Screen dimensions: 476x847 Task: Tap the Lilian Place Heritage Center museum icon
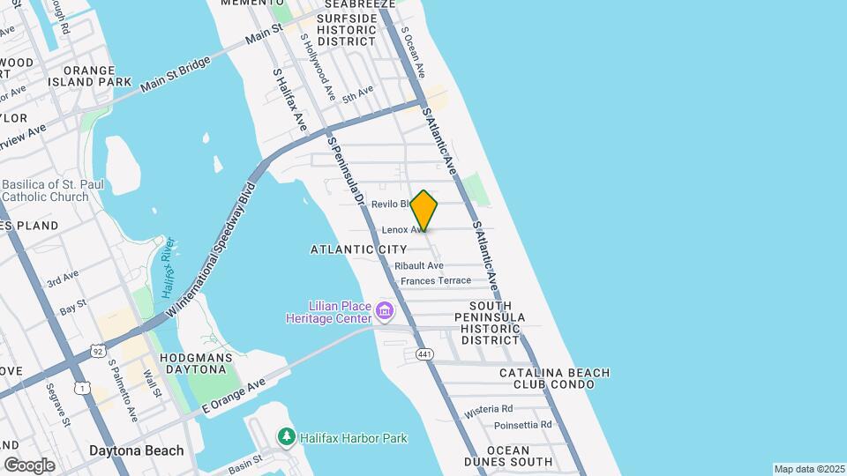[384, 310]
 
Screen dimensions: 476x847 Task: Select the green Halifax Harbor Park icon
[285, 436]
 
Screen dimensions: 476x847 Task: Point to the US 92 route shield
[98, 352]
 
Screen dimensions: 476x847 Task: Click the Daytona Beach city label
[137, 450]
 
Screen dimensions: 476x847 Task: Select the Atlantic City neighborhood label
[358, 249]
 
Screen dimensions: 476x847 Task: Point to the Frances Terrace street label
[436, 281]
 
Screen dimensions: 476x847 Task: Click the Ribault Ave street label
[418, 265]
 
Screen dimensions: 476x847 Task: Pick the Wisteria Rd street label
[489, 409]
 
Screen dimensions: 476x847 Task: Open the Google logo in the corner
[29, 465]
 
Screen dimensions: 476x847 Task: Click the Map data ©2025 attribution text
[807, 469]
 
